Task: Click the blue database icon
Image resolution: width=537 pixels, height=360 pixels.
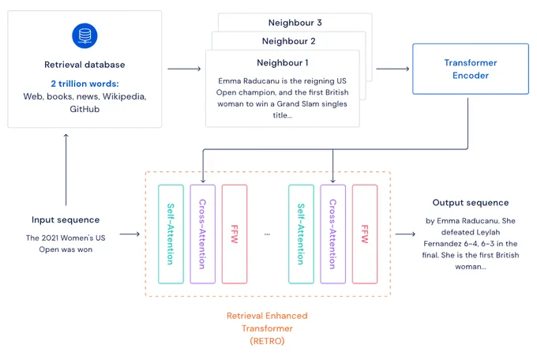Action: (84, 36)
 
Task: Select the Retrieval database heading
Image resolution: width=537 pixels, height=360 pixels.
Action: (84, 65)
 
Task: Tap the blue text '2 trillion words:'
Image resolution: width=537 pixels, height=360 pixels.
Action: (84, 84)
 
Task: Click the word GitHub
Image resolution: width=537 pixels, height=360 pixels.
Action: (84, 109)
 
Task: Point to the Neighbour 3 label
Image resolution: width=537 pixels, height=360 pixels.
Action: (295, 23)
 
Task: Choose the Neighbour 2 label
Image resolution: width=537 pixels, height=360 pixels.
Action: (289, 41)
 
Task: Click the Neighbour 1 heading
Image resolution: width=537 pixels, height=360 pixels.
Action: (283, 62)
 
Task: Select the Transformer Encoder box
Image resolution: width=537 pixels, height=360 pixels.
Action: (471, 69)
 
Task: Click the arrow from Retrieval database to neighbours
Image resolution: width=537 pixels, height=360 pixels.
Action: (184, 69)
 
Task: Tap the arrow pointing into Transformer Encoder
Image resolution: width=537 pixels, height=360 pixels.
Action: (392, 69)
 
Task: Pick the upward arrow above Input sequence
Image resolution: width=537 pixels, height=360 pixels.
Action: (66, 170)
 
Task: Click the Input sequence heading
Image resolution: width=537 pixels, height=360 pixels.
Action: (66, 220)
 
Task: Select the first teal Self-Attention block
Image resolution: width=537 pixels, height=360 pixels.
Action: (171, 234)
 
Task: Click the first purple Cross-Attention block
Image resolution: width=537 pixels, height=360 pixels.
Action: (203, 234)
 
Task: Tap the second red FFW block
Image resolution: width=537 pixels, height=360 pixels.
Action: (365, 234)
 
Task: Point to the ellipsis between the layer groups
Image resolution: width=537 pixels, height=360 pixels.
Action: (267, 234)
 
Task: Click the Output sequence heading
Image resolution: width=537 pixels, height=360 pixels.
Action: (471, 203)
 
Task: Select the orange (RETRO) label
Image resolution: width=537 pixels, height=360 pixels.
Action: (267, 341)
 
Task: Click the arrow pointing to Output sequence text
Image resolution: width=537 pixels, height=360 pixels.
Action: (405, 234)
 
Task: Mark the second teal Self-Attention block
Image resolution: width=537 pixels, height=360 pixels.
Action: (301, 234)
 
